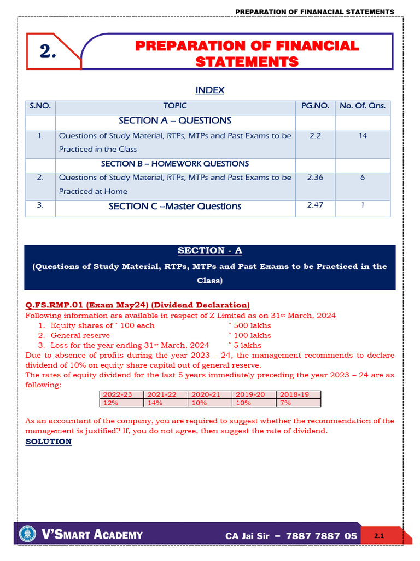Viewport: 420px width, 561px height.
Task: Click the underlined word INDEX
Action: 210,90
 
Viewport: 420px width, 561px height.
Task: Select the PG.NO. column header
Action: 315,106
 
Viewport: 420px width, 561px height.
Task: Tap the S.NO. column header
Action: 40,106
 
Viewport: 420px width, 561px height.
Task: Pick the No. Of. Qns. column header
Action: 363,106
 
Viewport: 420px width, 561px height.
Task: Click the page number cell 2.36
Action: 315,178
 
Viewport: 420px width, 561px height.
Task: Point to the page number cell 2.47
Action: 315,205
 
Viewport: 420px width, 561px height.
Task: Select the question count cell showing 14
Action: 363,135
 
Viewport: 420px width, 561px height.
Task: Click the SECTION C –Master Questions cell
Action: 175,207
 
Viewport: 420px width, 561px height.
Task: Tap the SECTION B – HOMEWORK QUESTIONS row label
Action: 175,164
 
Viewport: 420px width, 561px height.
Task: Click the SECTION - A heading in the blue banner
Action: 210,251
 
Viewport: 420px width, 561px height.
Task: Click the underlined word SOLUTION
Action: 48,442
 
